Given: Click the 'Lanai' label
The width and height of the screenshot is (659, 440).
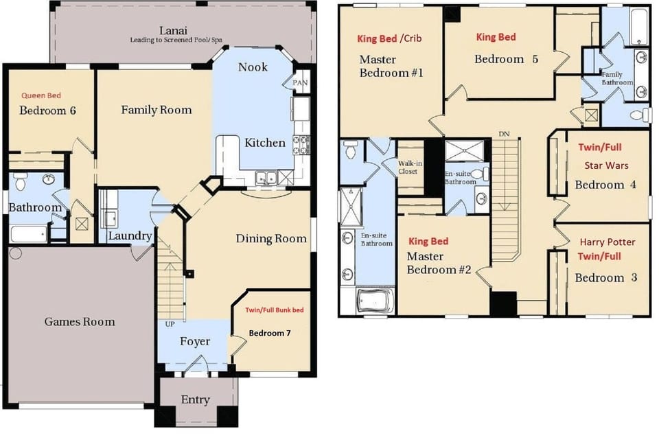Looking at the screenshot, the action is click(x=173, y=30).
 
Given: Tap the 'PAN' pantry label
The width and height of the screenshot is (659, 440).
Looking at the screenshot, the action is click(x=300, y=83).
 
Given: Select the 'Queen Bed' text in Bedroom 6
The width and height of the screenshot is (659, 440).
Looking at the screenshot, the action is click(x=41, y=95).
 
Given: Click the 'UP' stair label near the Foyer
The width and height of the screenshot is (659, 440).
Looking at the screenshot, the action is click(x=170, y=324).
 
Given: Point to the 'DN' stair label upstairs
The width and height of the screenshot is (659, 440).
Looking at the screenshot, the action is click(x=504, y=134).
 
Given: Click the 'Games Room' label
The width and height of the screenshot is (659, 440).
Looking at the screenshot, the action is click(x=80, y=322).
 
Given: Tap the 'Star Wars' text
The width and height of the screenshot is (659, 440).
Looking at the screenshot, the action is click(x=606, y=165).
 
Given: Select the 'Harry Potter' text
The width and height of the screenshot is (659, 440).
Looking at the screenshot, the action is click(x=608, y=242).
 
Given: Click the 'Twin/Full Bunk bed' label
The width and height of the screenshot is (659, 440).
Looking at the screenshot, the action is click(x=275, y=310).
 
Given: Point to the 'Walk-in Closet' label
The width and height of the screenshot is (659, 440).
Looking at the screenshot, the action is click(x=410, y=167).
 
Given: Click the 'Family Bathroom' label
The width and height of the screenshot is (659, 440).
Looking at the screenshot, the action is click(x=617, y=78).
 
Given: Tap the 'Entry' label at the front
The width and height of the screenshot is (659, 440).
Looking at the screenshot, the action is click(x=196, y=400).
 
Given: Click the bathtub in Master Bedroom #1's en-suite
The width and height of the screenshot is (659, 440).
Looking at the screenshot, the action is click(x=375, y=300).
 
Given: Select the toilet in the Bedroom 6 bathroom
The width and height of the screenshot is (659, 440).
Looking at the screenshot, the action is click(x=20, y=181).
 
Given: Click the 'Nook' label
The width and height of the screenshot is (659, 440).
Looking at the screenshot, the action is click(x=253, y=67).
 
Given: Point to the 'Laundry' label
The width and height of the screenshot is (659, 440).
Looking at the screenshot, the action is click(x=130, y=235).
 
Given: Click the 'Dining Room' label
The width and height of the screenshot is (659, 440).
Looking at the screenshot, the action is click(x=271, y=239).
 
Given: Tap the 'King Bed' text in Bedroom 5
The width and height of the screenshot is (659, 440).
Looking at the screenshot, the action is click(x=496, y=37).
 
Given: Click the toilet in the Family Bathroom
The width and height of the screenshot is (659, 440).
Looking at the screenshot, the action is click(x=640, y=115).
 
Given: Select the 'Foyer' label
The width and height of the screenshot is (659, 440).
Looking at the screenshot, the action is click(x=195, y=341).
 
